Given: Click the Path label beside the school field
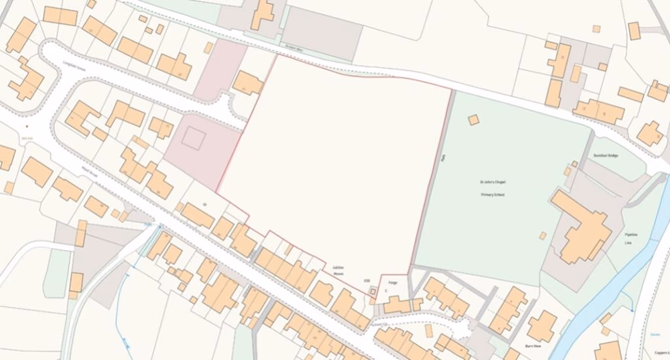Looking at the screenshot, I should (x=443, y=160).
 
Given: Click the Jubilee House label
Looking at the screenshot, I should (x=338, y=269).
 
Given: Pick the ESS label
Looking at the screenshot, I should (x=366, y=281).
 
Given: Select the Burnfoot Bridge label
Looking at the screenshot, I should (x=606, y=156).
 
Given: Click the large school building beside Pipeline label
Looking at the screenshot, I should (x=579, y=227).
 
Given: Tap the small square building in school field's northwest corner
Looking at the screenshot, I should (x=474, y=119).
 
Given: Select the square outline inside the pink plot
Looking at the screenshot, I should (x=193, y=138).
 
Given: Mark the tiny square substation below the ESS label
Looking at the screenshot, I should (x=373, y=292).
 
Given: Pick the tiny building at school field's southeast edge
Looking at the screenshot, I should (x=542, y=235).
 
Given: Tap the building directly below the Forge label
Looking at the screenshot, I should (x=397, y=304).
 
